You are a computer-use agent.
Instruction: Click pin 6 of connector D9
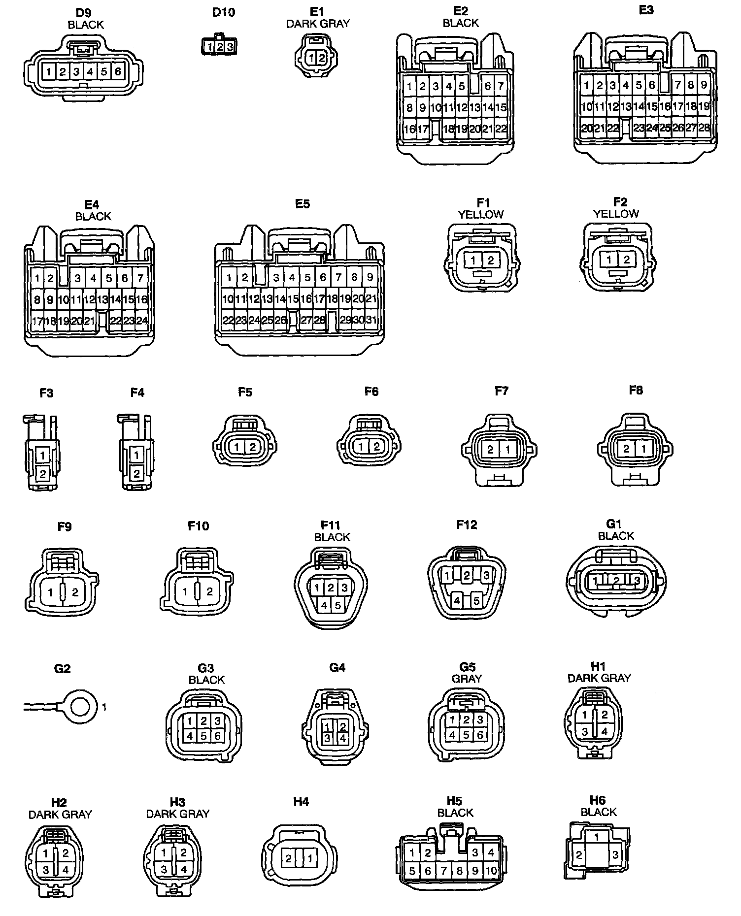[118, 72]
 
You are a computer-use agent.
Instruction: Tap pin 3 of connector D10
[230, 47]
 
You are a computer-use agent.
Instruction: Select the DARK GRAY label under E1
[318, 24]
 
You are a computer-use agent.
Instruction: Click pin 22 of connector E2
[501, 129]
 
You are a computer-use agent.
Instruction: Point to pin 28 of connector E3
[704, 128]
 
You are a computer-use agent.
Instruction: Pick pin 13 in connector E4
[102, 299]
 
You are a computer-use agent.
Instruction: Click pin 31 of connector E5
[371, 320]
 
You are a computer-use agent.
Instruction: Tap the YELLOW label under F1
[481, 215]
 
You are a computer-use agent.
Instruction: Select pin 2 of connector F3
[43, 474]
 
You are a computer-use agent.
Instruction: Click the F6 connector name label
[371, 392]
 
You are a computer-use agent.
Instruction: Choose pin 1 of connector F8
[641, 449]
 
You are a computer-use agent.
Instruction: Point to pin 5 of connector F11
[338, 605]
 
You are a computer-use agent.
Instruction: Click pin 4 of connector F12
[457, 600]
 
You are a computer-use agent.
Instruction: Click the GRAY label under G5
[467, 679]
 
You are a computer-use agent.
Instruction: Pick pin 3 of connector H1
[585, 732]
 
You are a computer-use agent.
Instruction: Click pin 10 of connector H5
[491, 871]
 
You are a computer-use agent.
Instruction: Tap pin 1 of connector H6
[597, 837]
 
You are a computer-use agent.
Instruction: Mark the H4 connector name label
[301, 802]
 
